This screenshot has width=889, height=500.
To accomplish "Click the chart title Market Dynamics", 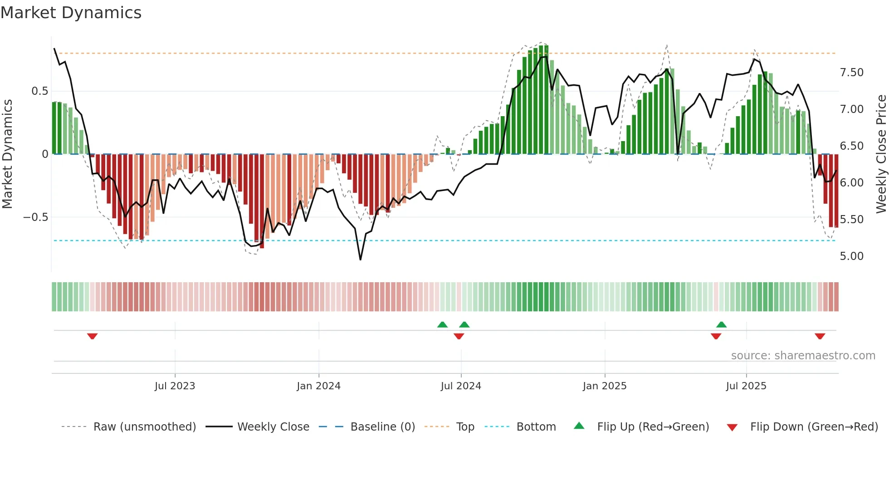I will (x=71, y=13).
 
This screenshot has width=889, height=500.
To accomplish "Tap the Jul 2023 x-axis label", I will (x=175, y=386).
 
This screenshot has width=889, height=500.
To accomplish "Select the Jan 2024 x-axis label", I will (x=318, y=386).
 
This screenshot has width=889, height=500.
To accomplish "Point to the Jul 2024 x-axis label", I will (x=461, y=386).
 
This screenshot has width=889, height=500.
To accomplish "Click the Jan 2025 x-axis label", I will (x=605, y=386).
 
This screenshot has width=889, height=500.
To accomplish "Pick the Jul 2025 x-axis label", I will (x=746, y=386).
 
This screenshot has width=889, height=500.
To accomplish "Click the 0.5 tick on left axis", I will (x=39, y=91).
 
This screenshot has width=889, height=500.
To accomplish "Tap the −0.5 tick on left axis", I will (x=35, y=217).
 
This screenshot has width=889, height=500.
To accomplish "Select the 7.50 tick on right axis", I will (x=851, y=73).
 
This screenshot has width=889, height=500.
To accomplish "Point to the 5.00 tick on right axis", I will (x=851, y=256).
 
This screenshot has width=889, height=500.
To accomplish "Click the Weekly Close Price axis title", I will (x=881, y=154).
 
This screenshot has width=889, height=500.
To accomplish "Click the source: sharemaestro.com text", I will (x=803, y=356).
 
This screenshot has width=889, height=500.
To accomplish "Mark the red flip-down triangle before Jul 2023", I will (x=93, y=336).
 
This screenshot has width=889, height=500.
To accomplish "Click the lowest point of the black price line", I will (x=361, y=260).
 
